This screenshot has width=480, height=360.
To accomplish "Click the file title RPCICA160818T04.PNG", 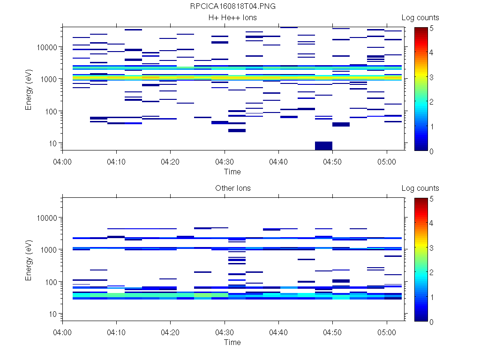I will coord(232,7).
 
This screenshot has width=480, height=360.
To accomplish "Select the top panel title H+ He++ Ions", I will coord(232,18).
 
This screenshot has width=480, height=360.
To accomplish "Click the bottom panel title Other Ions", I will coord(232,188).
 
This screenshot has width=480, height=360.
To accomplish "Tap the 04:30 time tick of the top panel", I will coord(225,161).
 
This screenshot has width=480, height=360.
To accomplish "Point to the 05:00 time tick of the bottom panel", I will coord(387,331).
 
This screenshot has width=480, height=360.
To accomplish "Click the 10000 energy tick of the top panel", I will coord(47,47).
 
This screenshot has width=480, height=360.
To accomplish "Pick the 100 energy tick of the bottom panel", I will coord(51,282).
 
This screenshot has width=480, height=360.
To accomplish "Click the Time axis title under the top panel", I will coord(232,172).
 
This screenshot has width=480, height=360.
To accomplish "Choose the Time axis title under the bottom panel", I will coord(232,342).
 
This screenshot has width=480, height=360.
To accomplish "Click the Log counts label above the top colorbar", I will coord(420,18).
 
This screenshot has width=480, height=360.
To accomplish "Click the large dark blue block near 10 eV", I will coord(323,146).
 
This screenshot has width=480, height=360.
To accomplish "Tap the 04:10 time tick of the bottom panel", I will coord(117,331).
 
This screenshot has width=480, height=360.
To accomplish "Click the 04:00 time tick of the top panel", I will coord(63,161).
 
